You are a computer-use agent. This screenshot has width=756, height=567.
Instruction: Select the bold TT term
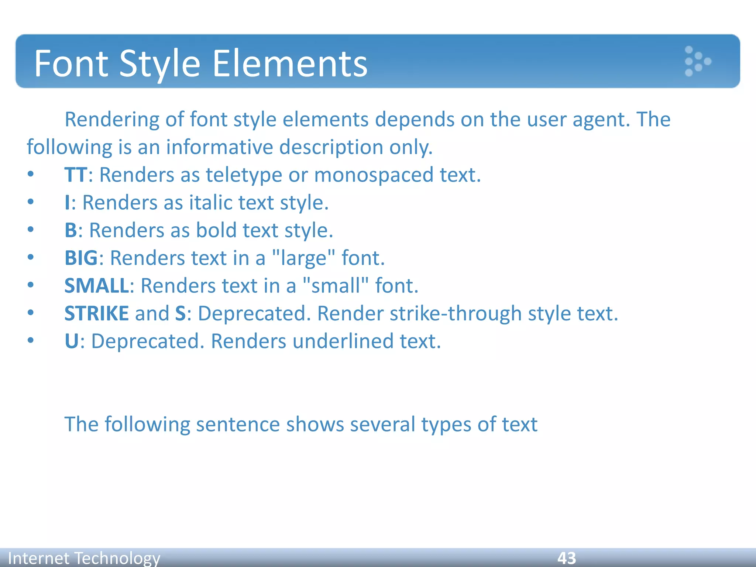pos(76,175)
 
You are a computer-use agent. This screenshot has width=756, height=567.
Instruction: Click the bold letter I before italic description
pos(67,203)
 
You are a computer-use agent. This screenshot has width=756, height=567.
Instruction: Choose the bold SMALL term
pos(96,286)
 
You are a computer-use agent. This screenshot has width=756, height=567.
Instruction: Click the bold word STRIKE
pos(96,313)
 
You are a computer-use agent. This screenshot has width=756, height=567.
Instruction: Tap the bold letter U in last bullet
pos(71,341)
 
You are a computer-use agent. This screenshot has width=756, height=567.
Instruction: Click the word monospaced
pos(373,175)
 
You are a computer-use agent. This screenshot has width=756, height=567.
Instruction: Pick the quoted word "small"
pos(335,286)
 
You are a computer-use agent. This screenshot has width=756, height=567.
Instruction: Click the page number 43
pos(566,558)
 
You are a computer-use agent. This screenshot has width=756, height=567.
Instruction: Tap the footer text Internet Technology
pos(84,558)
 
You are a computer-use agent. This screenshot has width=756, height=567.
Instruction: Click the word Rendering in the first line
pos(112,120)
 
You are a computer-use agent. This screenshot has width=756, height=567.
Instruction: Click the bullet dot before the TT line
pos(31,174)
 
